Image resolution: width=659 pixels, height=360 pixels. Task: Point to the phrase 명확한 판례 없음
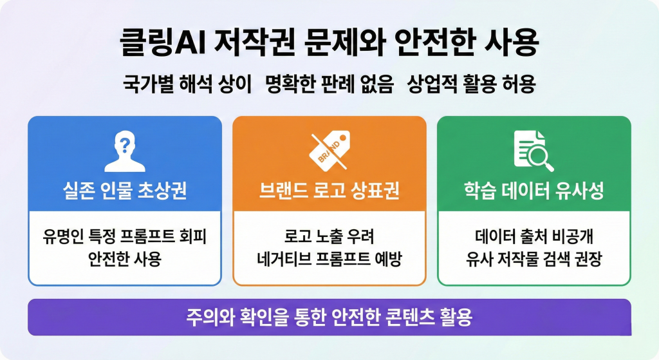pos(329,85)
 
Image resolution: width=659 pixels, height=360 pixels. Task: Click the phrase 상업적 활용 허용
pos(471,85)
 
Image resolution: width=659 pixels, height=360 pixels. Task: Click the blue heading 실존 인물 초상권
pos(124,191)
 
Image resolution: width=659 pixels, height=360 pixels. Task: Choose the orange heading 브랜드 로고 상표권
pos(329,191)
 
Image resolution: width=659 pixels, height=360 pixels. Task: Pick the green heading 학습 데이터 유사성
pos(534,191)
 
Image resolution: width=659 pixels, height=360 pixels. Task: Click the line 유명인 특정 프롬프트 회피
pos(125,236)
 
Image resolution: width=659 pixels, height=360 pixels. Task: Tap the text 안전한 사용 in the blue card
pos(125,260)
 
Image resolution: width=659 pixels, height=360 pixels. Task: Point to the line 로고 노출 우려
pos(329,236)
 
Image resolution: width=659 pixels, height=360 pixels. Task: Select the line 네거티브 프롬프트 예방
pos(329,260)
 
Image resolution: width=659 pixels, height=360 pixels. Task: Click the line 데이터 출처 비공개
pos(534,236)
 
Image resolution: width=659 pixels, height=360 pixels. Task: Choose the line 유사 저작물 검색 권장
pos(534,260)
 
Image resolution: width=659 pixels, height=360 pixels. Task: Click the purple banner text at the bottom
pos(329,317)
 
